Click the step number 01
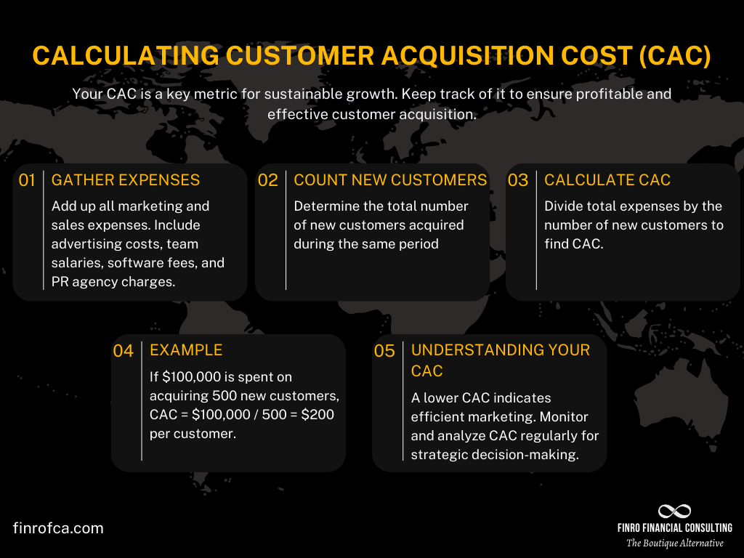tap(27, 181)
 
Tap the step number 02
tap(268, 181)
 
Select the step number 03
tap(518, 181)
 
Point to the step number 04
tap(124, 352)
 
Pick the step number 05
tap(384, 352)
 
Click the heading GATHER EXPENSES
tap(126, 179)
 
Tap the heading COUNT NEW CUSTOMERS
tap(390, 179)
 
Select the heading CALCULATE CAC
tap(607, 179)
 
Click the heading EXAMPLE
tap(186, 349)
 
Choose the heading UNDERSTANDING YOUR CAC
tap(501, 360)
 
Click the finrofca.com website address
tap(58, 528)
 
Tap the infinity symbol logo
tap(674, 511)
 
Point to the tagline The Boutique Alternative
tap(675, 543)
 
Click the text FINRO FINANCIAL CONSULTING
tap(674, 528)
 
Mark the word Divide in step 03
tap(564, 206)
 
